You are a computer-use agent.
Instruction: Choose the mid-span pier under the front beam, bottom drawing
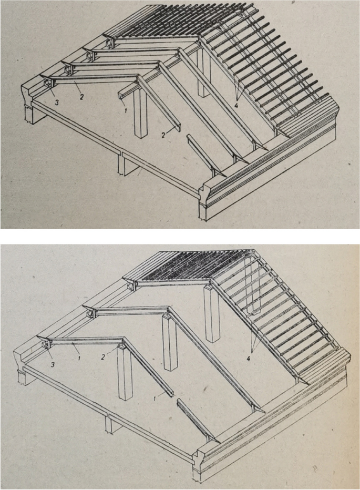tap(110, 424)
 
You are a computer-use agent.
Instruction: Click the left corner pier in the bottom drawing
tap(24, 376)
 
